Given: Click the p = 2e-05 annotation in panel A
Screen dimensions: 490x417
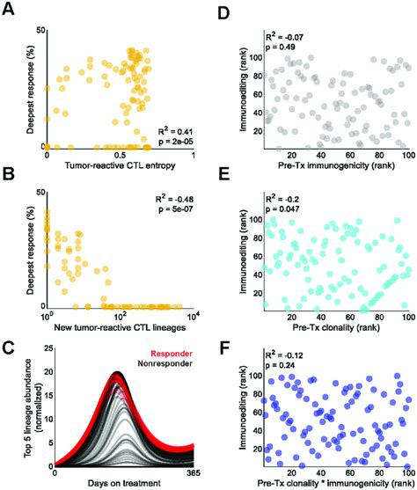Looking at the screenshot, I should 175,141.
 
